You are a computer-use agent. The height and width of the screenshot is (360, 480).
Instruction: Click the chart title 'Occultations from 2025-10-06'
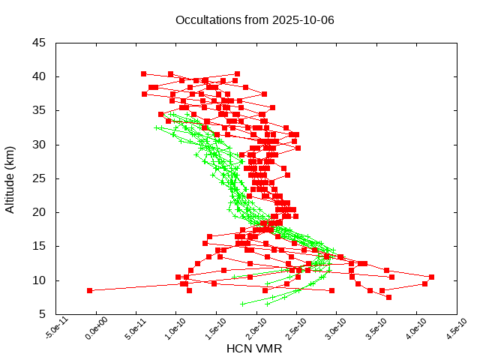click(254, 19)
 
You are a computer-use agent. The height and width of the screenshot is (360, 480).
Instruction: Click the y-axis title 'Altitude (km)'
click(10, 178)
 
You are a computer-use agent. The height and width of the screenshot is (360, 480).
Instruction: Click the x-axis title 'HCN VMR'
click(254, 348)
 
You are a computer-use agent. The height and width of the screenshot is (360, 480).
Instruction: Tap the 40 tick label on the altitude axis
click(39, 76)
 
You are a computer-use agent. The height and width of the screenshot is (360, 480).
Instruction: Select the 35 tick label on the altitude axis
click(39, 110)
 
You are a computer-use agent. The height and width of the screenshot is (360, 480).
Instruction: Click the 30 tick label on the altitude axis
click(39, 145)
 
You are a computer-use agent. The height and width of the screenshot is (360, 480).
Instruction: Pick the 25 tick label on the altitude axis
click(39, 178)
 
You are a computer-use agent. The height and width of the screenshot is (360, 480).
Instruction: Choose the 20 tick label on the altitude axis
click(39, 212)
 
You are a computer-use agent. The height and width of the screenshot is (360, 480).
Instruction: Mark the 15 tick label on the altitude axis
click(39, 246)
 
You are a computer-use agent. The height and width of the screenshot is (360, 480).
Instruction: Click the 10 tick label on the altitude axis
click(39, 280)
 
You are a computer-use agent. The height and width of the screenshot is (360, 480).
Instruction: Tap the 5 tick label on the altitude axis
click(42, 314)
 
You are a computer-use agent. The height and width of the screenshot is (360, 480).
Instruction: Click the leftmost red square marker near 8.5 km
click(89, 290)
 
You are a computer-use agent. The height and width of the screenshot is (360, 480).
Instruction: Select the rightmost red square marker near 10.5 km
click(431, 277)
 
